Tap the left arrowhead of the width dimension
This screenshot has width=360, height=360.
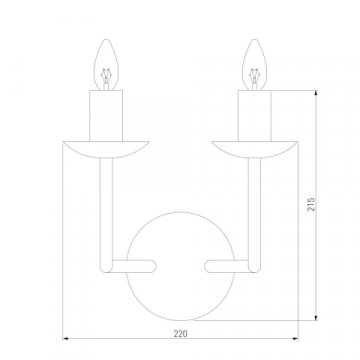point(65,337)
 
